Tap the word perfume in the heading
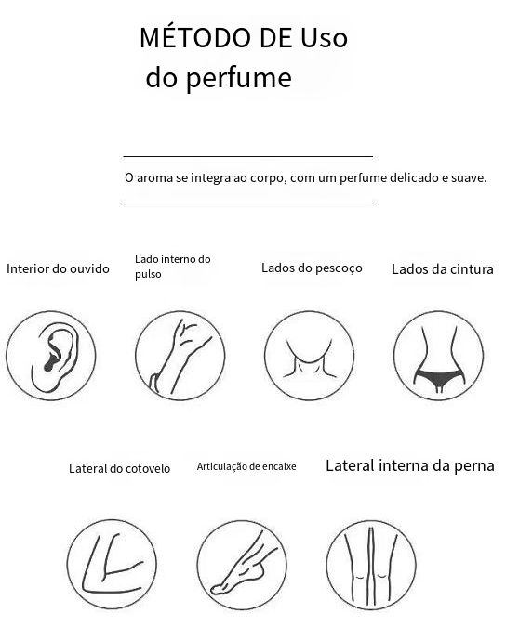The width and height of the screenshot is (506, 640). [x=239, y=77]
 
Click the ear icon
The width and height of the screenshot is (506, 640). [x=50, y=356]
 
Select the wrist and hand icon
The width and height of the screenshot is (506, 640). [x=180, y=356]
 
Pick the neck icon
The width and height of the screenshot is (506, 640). [x=309, y=356]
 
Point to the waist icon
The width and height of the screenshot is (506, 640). [x=438, y=356]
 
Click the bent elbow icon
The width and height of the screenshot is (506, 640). [x=112, y=565]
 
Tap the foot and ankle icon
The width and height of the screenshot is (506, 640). [x=242, y=565]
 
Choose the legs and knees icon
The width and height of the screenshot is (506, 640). [x=371, y=565]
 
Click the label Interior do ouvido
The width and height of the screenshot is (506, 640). [x=58, y=268]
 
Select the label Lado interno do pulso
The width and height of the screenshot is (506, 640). [x=172, y=267]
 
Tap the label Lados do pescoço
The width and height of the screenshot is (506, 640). [x=312, y=268]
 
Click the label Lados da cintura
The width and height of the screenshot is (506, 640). [x=443, y=269]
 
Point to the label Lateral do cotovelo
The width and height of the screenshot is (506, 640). [x=119, y=468]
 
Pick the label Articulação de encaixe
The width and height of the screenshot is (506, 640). [x=246, y=466]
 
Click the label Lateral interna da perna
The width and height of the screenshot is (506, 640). [x=410, y=465]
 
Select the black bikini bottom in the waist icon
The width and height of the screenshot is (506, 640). [x=439, y=377]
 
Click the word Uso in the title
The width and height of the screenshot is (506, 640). [x=324, y=37]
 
